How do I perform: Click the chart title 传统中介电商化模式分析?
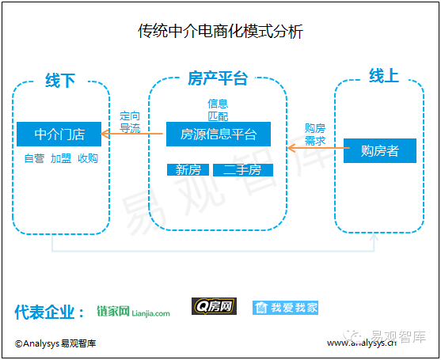point(220,31)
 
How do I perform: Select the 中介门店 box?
point(59,134)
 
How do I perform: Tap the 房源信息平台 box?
point(219,134)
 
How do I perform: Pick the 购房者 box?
point(380,150)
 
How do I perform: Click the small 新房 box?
point(188,170)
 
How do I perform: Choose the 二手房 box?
point(243,170)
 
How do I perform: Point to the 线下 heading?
point(60,81)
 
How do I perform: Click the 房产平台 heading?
point(218,78)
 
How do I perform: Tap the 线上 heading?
point(384,76)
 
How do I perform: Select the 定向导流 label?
point(130,122)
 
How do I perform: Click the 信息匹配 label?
point(218,110)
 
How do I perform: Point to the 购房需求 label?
point(315,135)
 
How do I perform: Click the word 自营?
point(34,158)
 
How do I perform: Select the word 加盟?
point(61,158)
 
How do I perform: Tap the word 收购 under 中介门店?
point(88,158)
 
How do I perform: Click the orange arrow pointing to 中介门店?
point(131,134)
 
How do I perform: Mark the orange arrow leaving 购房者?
point(318,148)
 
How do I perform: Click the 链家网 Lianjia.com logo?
point(133,312)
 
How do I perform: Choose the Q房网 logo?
point(214,306)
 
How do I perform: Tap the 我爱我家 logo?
point(285,308)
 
